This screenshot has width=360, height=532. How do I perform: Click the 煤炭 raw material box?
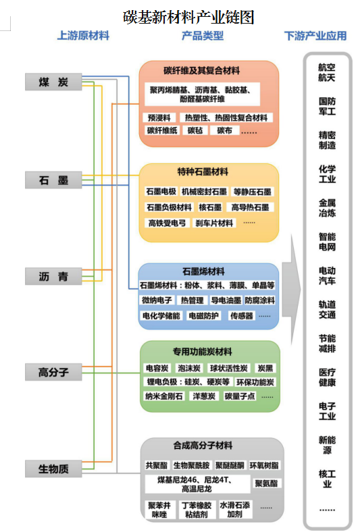click(x=53, y=82)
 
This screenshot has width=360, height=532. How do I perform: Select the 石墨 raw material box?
click(x=53, y=180)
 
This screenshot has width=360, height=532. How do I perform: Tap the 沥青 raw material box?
click(x=53, y=276)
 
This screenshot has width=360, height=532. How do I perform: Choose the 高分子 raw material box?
click(x=53, y=372)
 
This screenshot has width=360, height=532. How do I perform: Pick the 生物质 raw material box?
click(x=53, y=469)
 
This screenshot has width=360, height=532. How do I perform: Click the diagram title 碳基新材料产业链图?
click(x=188, y=17)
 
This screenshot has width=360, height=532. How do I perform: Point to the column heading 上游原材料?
click(x=83, y=35)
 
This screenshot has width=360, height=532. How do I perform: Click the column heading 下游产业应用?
click(x=315, y=36)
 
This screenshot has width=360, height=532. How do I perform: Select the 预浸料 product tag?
click(x=159, y=117)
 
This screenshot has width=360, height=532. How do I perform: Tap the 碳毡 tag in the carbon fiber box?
click(x=195, y=130)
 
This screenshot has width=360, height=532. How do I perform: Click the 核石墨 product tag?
click(x=210, y=207)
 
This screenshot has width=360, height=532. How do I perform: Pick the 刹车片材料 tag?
click(x=214, y=223)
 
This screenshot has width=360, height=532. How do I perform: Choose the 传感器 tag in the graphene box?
click(x=242, y=316)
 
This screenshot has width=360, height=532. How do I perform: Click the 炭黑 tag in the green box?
click(x=265, y=368)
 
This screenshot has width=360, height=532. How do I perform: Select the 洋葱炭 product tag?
click(x=204, y=396)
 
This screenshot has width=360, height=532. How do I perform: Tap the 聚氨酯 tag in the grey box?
click(x=266, y=483)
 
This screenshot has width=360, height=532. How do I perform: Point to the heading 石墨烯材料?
click(x=203, y=271)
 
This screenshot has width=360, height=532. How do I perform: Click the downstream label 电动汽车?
click(x=327, y=275)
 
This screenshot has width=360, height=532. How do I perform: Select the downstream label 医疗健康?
click(x=327, y=377)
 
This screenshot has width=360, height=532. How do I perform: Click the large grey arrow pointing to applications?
click(x=291, y=289)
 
